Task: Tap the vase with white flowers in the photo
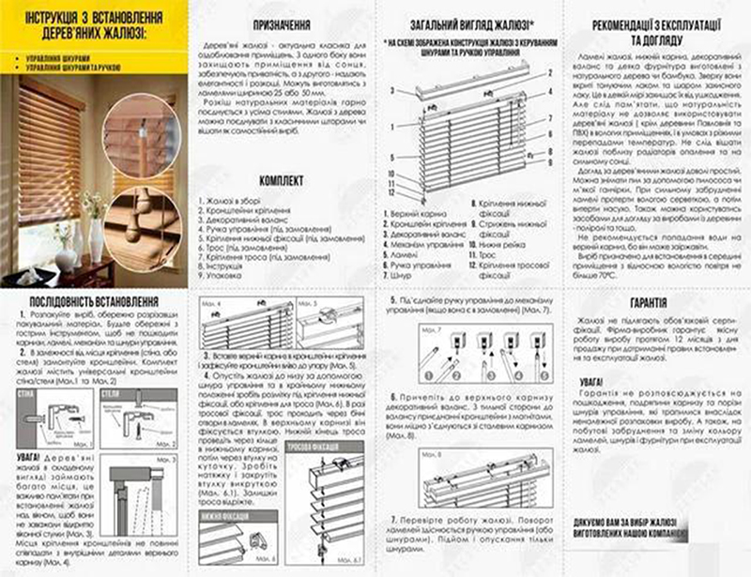click(92, 230)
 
